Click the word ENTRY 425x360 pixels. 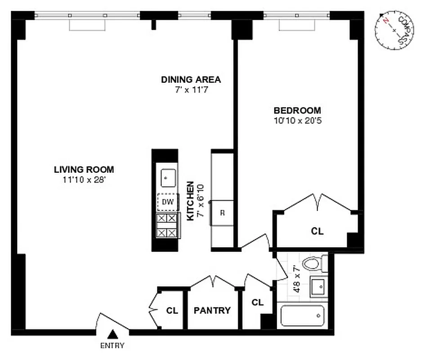[112, 346]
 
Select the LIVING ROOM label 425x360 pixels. [84, 170]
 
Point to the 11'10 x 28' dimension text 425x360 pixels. [84, 180]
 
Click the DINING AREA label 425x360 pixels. [191, 80]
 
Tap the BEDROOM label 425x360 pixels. [297, 110]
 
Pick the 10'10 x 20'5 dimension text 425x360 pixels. [297, 120]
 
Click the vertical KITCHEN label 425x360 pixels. [190, 201]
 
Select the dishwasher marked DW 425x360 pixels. [167, 202]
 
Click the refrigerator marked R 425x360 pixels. [222, 213]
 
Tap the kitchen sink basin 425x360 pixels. [167, 177]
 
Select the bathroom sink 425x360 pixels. [319, 286]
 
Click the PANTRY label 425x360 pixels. [212, 310]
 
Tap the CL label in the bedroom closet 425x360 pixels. [318, 231]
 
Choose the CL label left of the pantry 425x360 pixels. [172, 310]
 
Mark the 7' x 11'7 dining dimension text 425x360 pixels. [191, 90]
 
